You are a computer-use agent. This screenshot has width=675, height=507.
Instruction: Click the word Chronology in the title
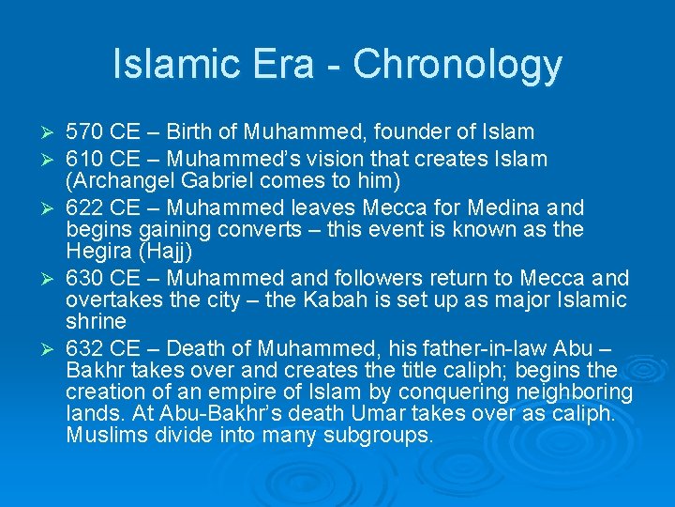click(457, 65)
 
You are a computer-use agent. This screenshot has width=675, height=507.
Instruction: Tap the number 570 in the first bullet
click(85, 131)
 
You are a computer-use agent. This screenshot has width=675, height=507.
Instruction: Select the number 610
click(85, 158)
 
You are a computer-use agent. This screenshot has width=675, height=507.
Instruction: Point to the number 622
click(85, 207)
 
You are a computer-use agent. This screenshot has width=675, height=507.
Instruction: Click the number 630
click(85, 279)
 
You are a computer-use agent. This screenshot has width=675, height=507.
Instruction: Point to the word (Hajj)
click(167, 252)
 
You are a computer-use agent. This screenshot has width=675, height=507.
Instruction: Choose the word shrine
click(96, 322)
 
